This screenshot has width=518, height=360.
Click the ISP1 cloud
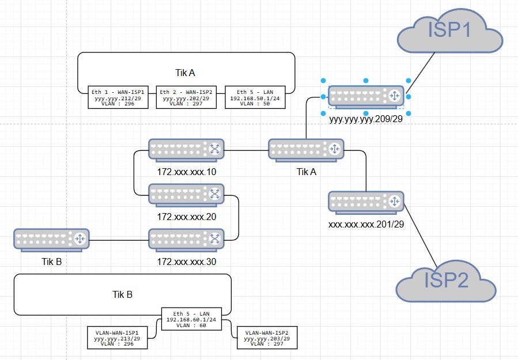pyautogui.click(x=450, y=32)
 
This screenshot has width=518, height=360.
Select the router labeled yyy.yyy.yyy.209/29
pyautogui.click(x=365, y=96)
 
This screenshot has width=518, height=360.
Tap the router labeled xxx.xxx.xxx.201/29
pyautogui.click(x=365, y=202)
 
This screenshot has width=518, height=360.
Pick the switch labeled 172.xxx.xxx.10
pyautogui.click(x=186, y=150)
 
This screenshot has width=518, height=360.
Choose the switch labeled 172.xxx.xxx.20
pyautogui.click(x=186, y=194)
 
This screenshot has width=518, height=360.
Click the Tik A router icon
pyautogui.click(x=306, y=150)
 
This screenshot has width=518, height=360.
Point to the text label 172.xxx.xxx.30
pyautogui.click(x=186, y=262)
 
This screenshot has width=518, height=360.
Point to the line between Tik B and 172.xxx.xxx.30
pyautogui.click(x=119, y=239)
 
